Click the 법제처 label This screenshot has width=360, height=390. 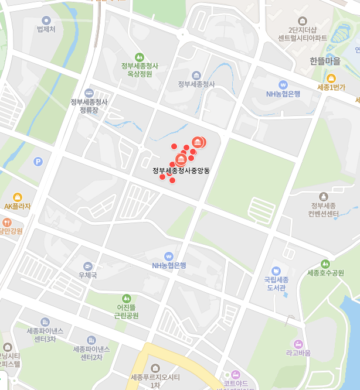(x=46, y=29)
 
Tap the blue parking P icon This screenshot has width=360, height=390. (x=38, y=162)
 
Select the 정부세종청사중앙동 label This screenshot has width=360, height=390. (x=181, y=171)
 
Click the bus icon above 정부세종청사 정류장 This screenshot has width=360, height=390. (x=89, y=93)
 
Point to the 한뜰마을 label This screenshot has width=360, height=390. (x=325, y=61)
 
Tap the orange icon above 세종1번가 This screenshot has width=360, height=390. (x=331, y=78)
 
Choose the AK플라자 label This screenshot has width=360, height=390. (x=17, y=206)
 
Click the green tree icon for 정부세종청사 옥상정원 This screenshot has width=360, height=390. (x=140, y=57)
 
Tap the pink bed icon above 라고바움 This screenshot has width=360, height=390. (x=298, y=343)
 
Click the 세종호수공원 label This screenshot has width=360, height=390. (x=325, y=273)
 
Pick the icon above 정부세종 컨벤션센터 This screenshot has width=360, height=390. (x=323, y=196)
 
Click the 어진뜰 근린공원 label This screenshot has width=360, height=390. (x=126, y=311)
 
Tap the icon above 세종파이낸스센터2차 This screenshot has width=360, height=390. (x=91, y=340)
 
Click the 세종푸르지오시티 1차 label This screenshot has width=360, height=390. (x=155, y=381)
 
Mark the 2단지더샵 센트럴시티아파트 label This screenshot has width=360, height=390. (x=303, y=34)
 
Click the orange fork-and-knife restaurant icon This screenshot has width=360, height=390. (x=7, y=223)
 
